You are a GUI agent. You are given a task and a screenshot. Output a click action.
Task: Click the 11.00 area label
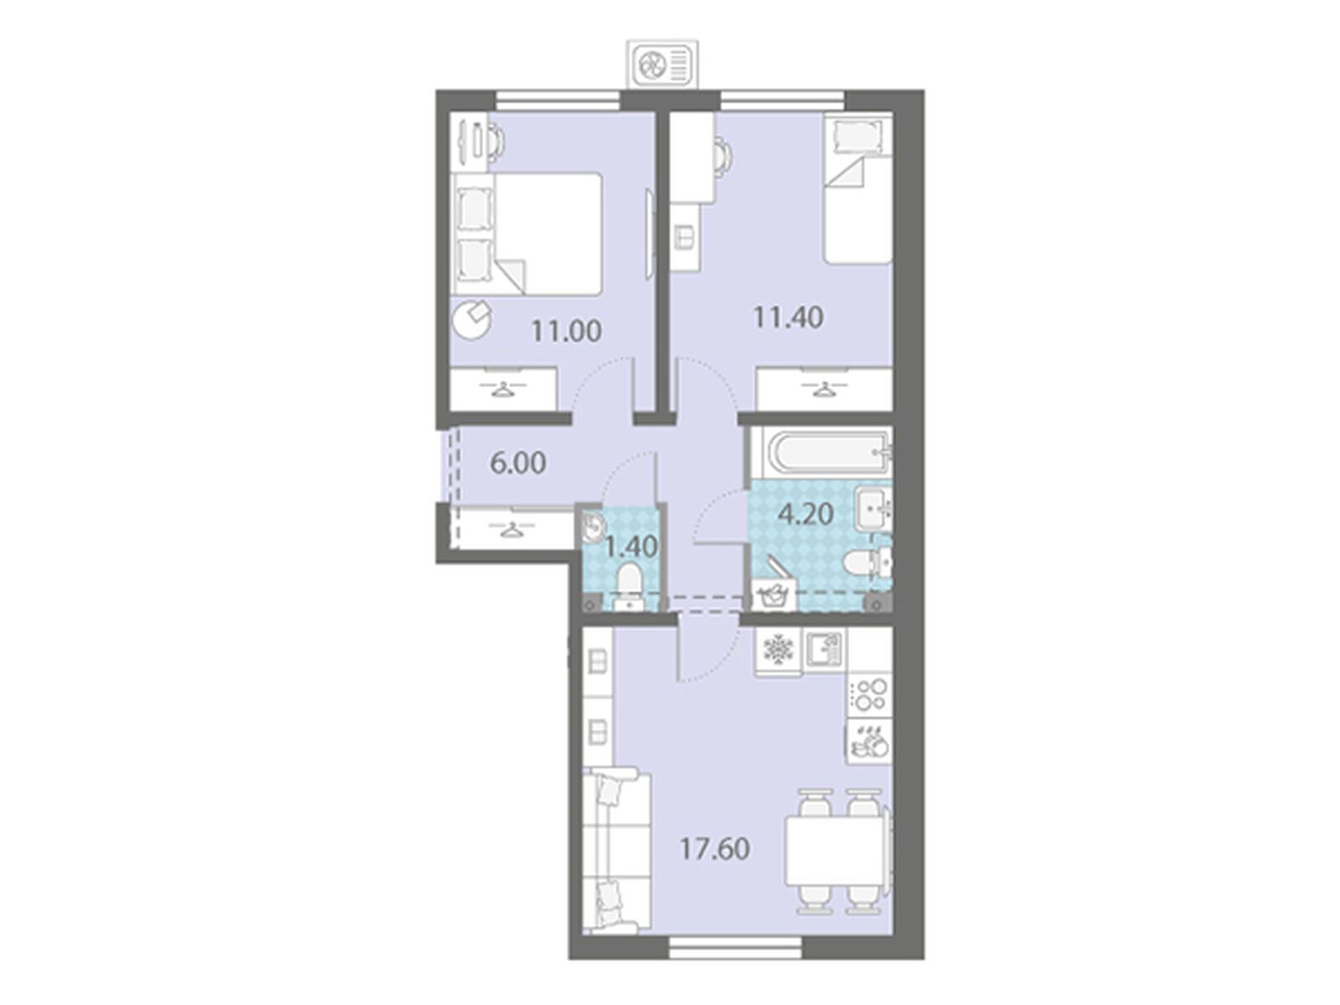tap(566, 332)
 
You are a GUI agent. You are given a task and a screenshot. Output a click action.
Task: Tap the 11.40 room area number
tap(788, 318)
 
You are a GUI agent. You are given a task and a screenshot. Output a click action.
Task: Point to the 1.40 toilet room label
tap(631, 546)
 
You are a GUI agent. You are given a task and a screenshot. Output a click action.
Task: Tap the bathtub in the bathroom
tap(821, 453)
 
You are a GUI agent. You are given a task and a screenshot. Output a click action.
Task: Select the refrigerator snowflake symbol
tap(778, 650)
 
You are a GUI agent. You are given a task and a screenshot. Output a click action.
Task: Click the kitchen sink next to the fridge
tap(823, 650)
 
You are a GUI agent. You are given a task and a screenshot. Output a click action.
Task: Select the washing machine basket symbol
tap(774, 594)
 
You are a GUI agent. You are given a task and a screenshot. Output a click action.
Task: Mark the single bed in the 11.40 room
tap(857, 191)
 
